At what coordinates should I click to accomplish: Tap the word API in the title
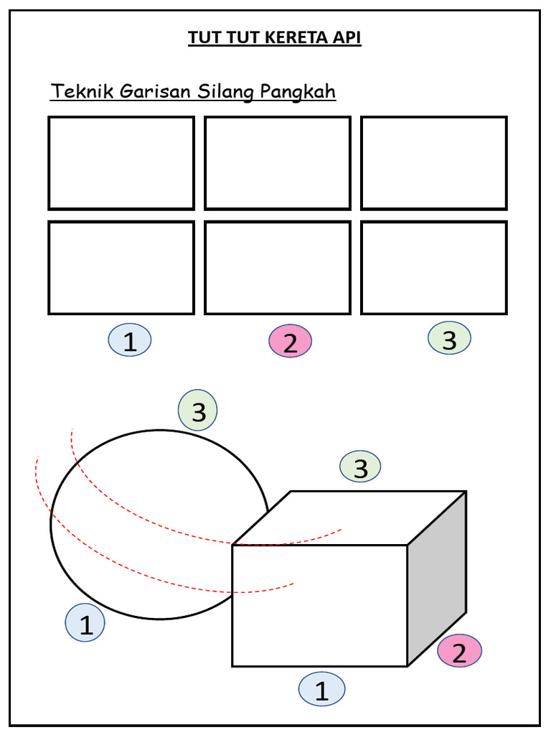(x=346, y=37)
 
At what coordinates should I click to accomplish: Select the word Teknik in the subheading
(x=83, y=91)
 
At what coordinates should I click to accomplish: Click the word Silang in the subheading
(x=225, y=92)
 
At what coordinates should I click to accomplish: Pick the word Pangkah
(x=298, y=92)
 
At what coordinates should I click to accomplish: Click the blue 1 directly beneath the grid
(x=130, y=340)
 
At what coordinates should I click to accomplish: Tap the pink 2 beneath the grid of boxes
(x=290, y=341)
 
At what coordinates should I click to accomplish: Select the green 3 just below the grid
(x=449, y=338)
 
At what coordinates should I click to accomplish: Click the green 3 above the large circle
(x=198, y=410)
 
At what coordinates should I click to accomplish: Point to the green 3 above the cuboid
(x=360, y=467)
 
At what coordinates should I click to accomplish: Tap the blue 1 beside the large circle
(x=85, y=622)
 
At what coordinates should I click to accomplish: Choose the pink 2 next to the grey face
(x=459, y=650)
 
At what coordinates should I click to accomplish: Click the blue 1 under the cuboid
(x=322, y=689)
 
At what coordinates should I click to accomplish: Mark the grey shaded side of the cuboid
(x=437, y=579)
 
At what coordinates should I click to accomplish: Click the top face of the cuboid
(x=349, y=518)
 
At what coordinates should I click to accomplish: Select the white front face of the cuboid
(x=320, y=606)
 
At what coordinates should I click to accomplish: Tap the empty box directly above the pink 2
(x=278, y=268)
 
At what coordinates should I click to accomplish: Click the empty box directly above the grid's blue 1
(x=121, y=268)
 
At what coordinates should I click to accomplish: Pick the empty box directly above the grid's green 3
(x=434, y=268)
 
